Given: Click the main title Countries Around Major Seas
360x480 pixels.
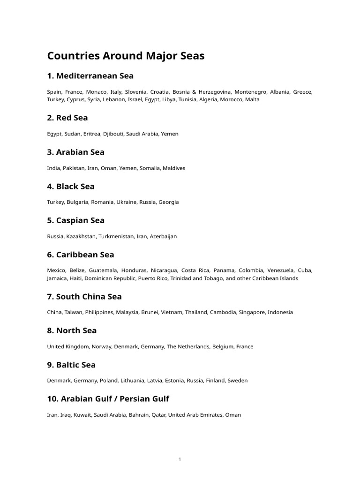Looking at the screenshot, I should point(126,56).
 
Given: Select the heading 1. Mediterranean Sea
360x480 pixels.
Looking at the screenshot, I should point(90,76).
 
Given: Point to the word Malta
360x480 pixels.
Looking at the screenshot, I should point(252,99).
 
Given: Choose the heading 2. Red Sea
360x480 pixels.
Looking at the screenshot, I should point(67,118).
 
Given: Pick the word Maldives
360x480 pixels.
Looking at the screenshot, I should point(174,168).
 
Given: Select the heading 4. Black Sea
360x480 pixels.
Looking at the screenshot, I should point(71,186).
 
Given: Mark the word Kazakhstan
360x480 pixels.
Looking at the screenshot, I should point(82,236).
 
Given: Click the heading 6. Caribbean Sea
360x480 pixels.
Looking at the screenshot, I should point(81,255).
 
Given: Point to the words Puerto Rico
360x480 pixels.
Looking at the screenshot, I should point(153,278).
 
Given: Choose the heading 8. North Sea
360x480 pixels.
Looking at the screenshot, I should point(72,330).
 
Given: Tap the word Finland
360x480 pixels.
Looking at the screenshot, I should point(214,381).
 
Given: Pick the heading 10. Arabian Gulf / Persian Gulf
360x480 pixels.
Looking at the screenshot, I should point(108,399).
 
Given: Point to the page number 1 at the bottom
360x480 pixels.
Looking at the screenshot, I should point(180,459).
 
